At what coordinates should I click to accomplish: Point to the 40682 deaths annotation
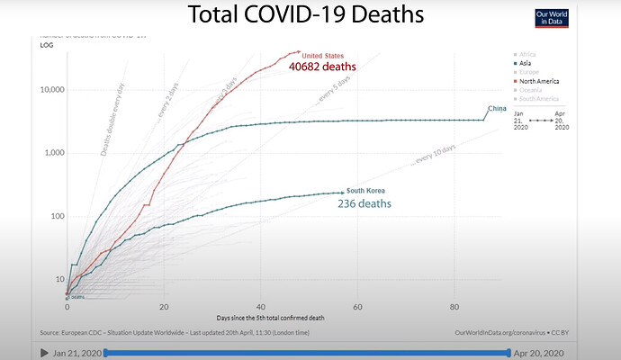coord(322,67)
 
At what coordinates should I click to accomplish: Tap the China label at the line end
coord(497,109)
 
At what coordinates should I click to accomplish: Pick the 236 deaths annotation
coord(364,204)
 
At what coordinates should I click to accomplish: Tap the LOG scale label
coord(47,43)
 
